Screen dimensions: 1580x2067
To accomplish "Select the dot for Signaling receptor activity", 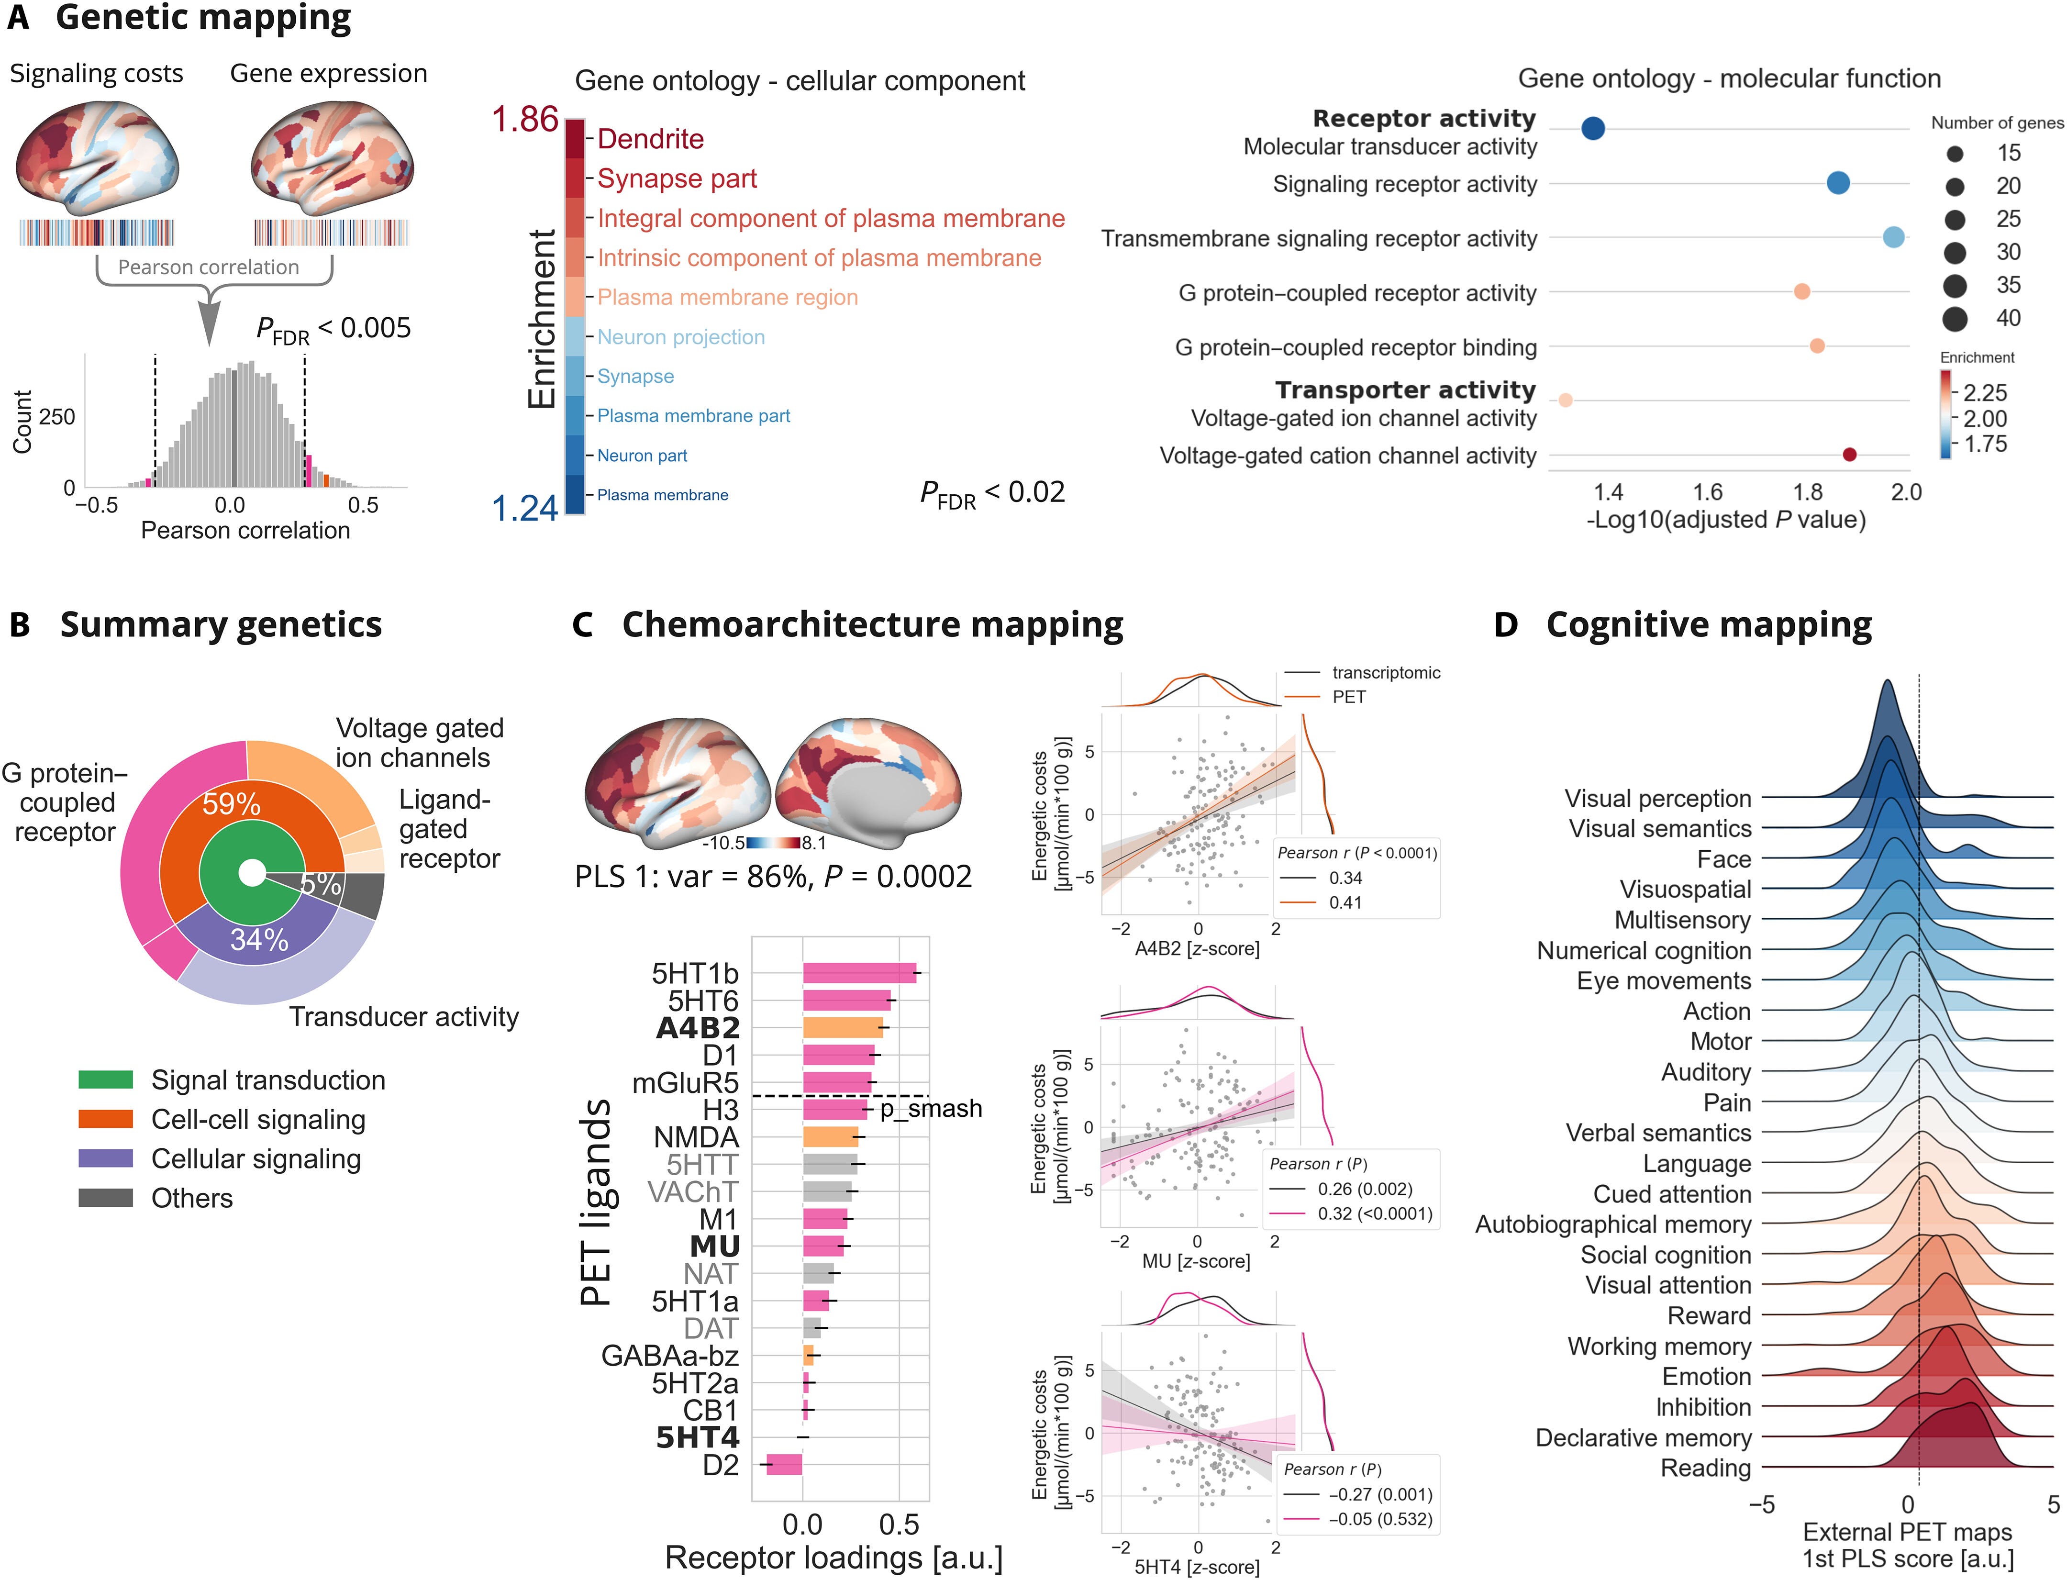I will click(x=1837, y=183).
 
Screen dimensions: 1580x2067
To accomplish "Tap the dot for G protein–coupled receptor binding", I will click(x=1817, y=346).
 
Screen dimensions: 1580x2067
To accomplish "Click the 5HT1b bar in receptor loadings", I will click(x=858, y=973).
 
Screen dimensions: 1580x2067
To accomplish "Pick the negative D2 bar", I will click(x=784, y=1464).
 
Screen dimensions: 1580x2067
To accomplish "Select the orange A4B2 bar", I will click(x=843, y=1028).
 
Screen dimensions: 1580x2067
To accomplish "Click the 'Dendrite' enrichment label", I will click(x=650, y=139).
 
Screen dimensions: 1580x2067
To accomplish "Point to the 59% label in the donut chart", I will click(x=231, y=804).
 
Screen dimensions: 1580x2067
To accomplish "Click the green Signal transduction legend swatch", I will click(x=105, y=1079).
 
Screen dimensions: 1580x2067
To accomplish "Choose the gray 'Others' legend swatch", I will click(x=105, y=1198).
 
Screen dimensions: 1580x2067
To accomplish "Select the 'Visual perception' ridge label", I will click(x=1657, y=799).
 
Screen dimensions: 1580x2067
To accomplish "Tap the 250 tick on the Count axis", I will click(x=57, y=417).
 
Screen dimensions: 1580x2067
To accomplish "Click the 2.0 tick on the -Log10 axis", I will click(x=1906, y=492).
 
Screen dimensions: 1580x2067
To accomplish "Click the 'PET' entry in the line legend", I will click(x=1348, y=697).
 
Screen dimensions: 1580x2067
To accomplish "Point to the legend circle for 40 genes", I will click(x=1955, y=319).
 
